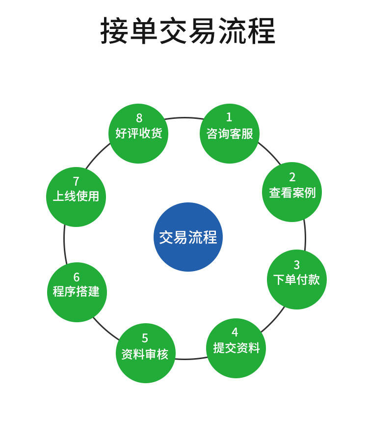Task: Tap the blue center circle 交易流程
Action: tap(188, 237)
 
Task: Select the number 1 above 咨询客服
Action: tap(229, 117)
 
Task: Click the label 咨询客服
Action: tap(230, 134)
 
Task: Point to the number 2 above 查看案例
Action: tap(292, 177)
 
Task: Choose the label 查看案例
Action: tap(292, 193)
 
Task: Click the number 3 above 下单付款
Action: tap(296, 266)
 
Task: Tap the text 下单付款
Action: tap(296, 280)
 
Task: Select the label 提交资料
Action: tap(236, 348)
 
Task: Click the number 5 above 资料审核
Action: tap(145, 338)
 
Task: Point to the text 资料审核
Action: tap(145, 354)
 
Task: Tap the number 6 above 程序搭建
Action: tap(76, 278)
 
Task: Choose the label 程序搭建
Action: tap(76, 292)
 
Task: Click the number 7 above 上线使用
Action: tap(76, 182)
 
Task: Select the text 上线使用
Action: tap(76, 196)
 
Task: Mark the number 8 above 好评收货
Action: tap(139, 118)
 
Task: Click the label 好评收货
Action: tap(138, 133)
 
